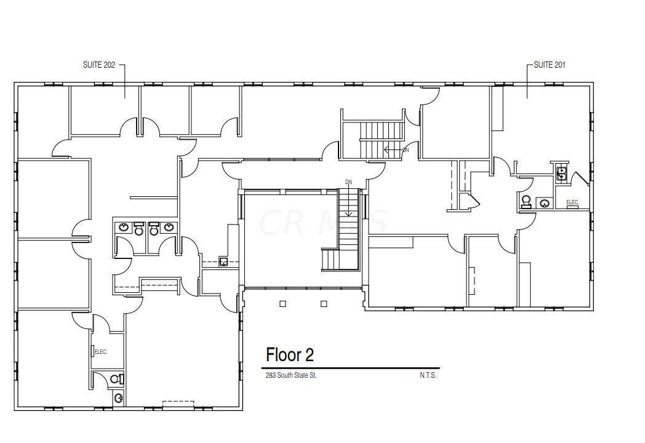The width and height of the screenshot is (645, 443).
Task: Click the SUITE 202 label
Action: coord(98,65)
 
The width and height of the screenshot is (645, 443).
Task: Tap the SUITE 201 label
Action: coord(550,65)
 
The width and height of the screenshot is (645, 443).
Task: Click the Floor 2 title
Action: coord(290,354)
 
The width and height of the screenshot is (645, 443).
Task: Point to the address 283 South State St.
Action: coord(291,375)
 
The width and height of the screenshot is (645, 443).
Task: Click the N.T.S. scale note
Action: coord(428,375)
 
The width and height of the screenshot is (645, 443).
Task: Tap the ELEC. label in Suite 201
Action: coord(572,202)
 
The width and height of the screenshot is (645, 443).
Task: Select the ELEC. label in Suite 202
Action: coord(101,352)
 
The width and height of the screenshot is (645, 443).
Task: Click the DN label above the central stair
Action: coord(348,182)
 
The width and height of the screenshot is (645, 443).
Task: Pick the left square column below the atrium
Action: coord(282,304)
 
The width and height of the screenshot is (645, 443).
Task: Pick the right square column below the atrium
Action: coord(324,304)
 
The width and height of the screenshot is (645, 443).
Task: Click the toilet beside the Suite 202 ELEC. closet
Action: coord(117,379)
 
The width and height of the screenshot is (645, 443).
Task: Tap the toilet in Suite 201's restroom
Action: coord(526,201)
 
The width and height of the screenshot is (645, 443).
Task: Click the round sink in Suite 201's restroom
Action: coord(544,202)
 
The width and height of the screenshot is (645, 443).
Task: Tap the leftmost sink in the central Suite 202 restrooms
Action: coord(124,227)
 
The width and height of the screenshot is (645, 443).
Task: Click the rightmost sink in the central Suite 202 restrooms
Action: coord(169,227)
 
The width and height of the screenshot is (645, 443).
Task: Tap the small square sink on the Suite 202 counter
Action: coord(223,261)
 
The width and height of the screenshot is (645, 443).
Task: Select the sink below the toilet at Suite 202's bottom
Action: coord(118,397)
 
